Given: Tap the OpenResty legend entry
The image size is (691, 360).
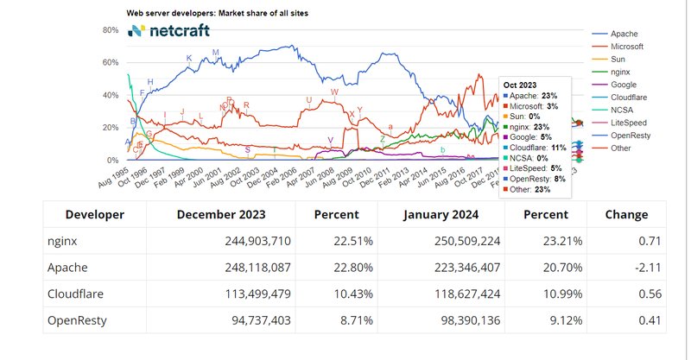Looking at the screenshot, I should pos(631,136).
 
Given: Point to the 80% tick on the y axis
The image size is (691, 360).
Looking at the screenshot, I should pos(110,30).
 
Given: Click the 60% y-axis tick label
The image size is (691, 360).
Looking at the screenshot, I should pos(110,63).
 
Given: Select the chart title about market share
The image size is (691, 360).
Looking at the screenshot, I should pos(217,14).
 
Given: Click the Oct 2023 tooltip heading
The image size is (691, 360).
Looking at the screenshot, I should pos(520,84).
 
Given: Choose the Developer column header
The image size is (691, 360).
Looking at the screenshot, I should pos(95,215).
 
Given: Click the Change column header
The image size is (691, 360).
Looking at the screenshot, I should pos(626,215).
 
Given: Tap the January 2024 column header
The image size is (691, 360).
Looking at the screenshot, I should pos(439,215).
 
